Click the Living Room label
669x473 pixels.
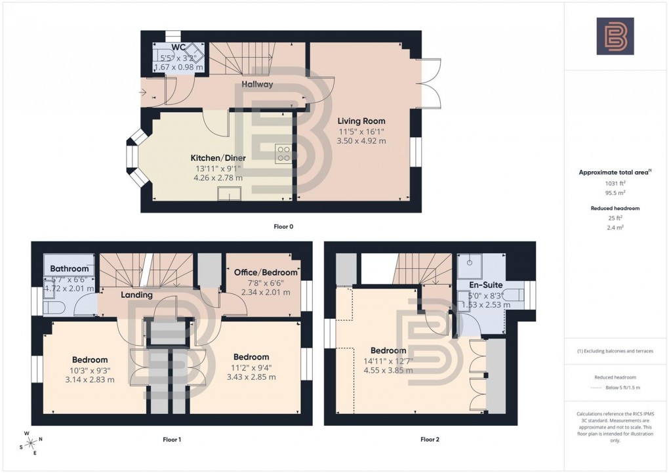click(361, 121)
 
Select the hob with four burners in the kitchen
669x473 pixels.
click(284, 154)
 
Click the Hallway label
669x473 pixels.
click(257, 85)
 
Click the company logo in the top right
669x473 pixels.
click(615, 36)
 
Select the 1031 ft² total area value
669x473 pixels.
click(615, 184)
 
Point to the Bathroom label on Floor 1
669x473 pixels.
click(69, 269)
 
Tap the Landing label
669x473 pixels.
click(136, 295)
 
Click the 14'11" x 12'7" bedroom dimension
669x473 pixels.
click(388, 360)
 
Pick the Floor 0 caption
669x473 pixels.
click(283, 227)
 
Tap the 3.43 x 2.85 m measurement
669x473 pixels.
click(251, 377)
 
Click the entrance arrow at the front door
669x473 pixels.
click(144, 93)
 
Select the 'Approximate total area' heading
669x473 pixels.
click(615, 173)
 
